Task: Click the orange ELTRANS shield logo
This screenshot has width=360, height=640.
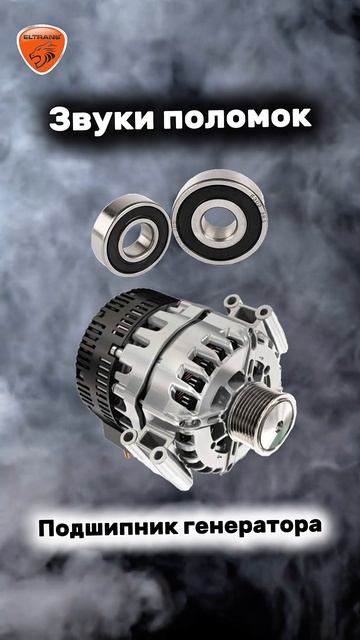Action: (42, 49)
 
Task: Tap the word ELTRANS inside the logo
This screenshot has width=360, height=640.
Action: (42, 36)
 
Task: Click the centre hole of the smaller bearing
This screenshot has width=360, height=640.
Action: (138, 237)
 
